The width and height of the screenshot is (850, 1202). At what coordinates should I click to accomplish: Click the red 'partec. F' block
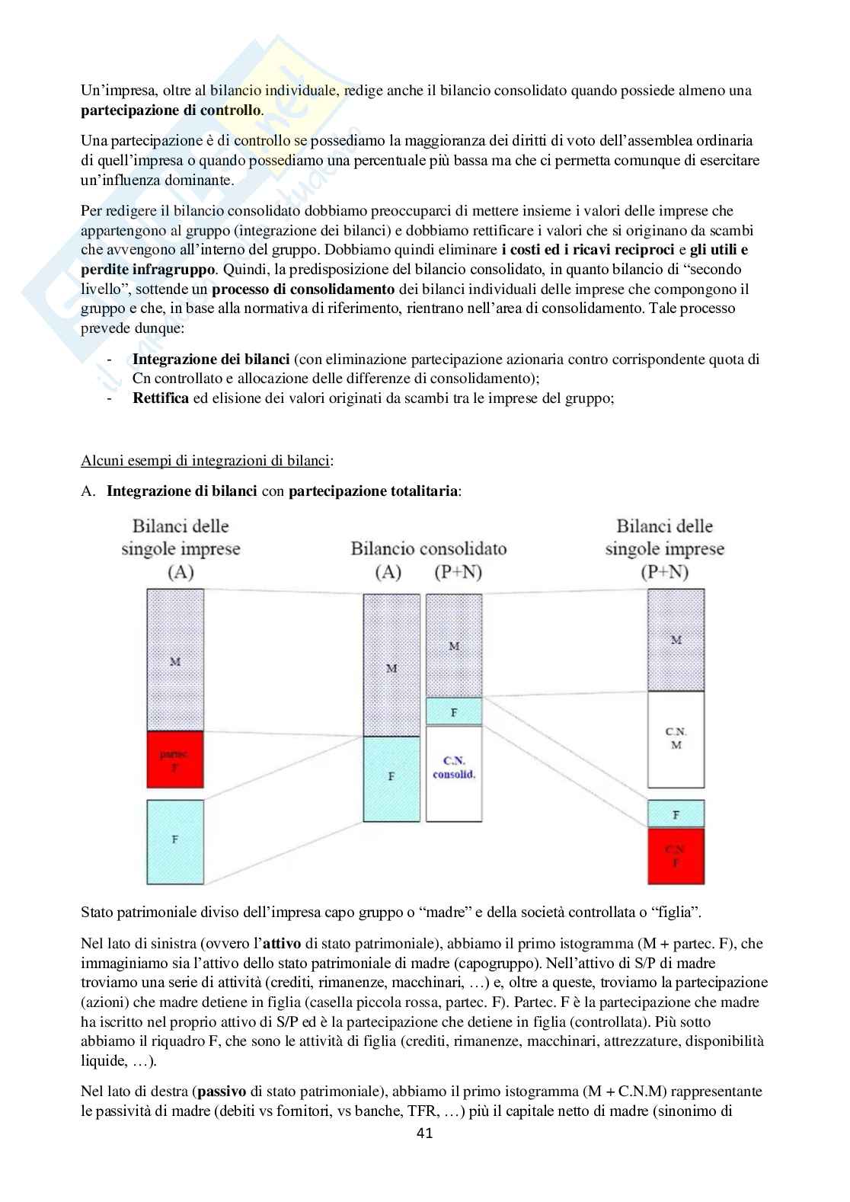[175, 759]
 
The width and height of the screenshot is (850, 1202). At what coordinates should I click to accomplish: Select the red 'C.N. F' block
[676, 856]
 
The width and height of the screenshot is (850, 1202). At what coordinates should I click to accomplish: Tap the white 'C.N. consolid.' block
[453, 773]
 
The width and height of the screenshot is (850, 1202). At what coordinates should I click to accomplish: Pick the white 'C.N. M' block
[676, 739]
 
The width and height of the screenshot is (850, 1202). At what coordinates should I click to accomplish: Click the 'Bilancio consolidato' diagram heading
[428, 548]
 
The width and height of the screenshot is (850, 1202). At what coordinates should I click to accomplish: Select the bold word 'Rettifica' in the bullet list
[160, 398]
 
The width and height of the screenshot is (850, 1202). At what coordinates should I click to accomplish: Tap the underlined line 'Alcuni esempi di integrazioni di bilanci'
[206, 460]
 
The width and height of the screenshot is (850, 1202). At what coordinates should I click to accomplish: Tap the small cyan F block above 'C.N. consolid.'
[453, 711]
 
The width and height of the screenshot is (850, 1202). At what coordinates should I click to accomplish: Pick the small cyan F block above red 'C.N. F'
[676, 814]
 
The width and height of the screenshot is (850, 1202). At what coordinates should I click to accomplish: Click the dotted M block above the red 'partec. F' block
[175, 660]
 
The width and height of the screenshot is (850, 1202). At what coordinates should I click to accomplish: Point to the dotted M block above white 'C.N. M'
[676, 640]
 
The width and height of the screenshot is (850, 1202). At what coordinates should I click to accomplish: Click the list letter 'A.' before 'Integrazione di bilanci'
[88, 491]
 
